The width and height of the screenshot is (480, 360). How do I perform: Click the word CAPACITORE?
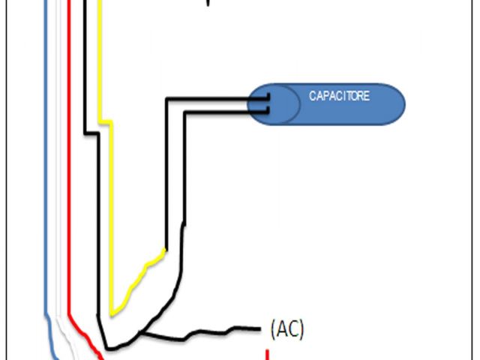point(339,97)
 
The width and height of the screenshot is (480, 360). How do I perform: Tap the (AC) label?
point(286,328)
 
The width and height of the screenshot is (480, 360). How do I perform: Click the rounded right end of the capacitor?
point(394,104)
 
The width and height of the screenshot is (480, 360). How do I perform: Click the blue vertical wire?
point(46,150)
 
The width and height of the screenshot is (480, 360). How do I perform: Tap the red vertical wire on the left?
point(68,150)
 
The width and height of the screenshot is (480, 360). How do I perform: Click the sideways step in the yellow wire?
point(105,121)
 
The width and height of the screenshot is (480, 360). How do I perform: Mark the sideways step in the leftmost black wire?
point(91,133)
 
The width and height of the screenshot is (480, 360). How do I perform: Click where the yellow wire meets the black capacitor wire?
point(165,250)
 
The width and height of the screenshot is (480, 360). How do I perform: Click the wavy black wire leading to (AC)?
point(202,331)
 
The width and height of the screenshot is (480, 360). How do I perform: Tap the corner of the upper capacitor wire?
point(166,98)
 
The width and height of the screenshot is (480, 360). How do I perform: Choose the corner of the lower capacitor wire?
point(183,112)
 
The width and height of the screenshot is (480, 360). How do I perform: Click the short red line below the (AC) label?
point(267,354)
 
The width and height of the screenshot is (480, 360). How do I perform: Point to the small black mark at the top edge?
point(208,3)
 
